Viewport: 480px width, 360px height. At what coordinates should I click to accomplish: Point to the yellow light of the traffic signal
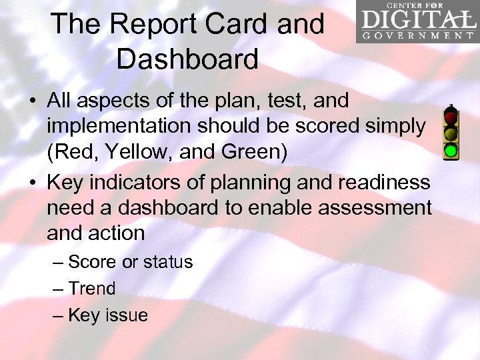click(451, 135)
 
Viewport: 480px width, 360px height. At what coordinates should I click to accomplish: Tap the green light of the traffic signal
click(451, 150)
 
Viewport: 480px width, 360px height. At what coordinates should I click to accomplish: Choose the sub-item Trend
click(91, 289)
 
